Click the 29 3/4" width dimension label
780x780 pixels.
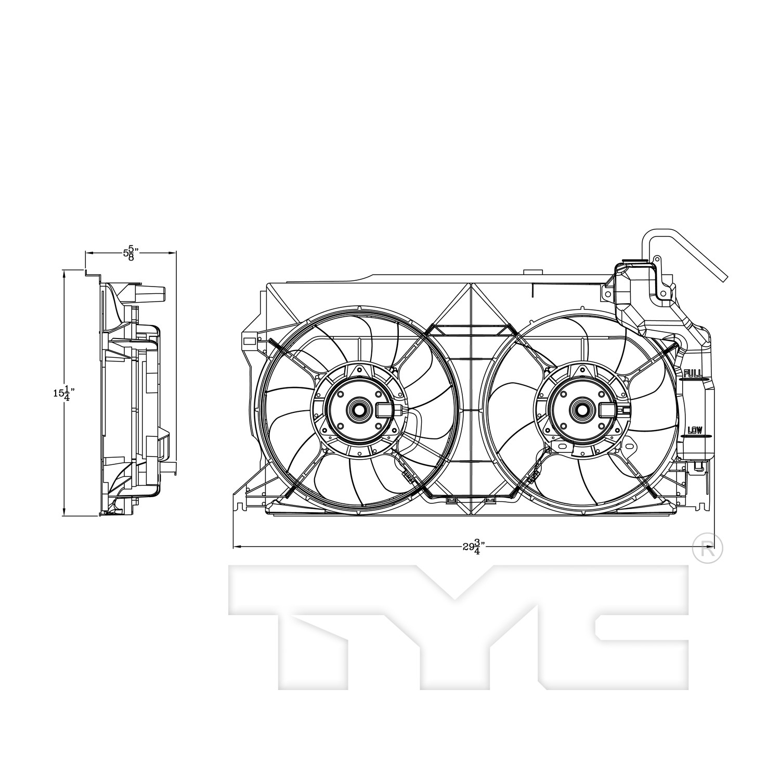(474, 547)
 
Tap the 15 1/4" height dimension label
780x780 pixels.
(61, 393)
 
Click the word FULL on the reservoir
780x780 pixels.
(693, 373)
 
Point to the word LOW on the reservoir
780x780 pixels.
(695, 430)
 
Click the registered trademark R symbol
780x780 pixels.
(708, 548)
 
